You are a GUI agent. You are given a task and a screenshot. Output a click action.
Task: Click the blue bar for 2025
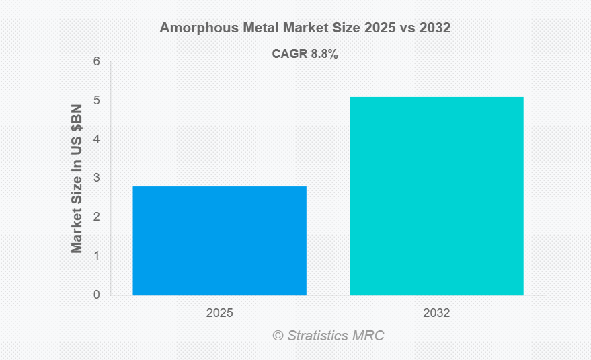pos(219,240)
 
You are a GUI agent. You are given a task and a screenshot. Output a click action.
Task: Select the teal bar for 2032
pos(436,196)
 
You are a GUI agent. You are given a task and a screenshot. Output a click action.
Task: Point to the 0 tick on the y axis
pos(97,295)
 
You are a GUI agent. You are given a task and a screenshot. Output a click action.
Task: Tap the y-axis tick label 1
pos(97,256)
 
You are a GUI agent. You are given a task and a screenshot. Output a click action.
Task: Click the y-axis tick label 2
pos(97,217)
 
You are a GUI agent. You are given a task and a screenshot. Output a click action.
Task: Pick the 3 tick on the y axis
pos(97,178)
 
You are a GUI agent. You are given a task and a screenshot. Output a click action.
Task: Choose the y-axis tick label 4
pos(97,139)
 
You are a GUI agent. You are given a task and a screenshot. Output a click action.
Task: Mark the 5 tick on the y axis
pos(97,100)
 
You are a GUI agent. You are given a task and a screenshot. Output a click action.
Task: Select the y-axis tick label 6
pos(97,61)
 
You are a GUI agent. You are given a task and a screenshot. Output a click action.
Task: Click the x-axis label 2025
pos(219,313)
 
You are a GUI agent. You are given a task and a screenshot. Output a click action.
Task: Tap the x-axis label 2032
pos(436,313)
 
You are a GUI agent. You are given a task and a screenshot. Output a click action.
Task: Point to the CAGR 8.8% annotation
pos(305,54)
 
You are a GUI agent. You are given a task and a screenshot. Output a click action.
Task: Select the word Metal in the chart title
pos(252,28)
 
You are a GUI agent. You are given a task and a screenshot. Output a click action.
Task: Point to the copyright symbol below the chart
pos(278,335)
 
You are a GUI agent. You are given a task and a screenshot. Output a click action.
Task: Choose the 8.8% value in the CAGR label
pos(323,54)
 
